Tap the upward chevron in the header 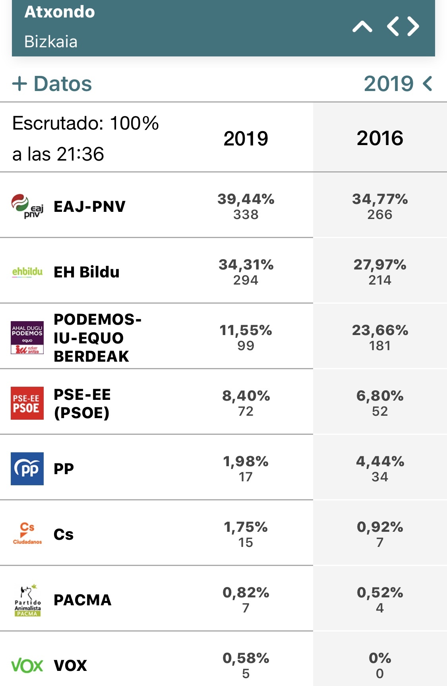tap(362, 27)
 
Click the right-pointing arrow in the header tap(413, 27)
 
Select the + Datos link tap(52, 84)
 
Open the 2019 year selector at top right tap(398, 83)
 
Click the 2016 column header tap(380, 138)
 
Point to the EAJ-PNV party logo tap(27, 206)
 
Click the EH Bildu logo tap(27, 272)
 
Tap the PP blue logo tap(27, 469)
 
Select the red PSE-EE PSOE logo tap(27, 403)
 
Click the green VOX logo tap(27, 665)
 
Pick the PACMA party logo tap(27, 600)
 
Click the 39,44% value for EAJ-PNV tap(246, 199)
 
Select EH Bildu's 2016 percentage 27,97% tap(380, 264)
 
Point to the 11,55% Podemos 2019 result tap(246, 330)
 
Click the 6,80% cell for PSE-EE tap(380, 395)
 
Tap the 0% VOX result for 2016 tap(380, 658)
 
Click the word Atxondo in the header tap(60, 12)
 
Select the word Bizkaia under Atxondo tap(51, 42)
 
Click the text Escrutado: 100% tap(85, 123)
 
